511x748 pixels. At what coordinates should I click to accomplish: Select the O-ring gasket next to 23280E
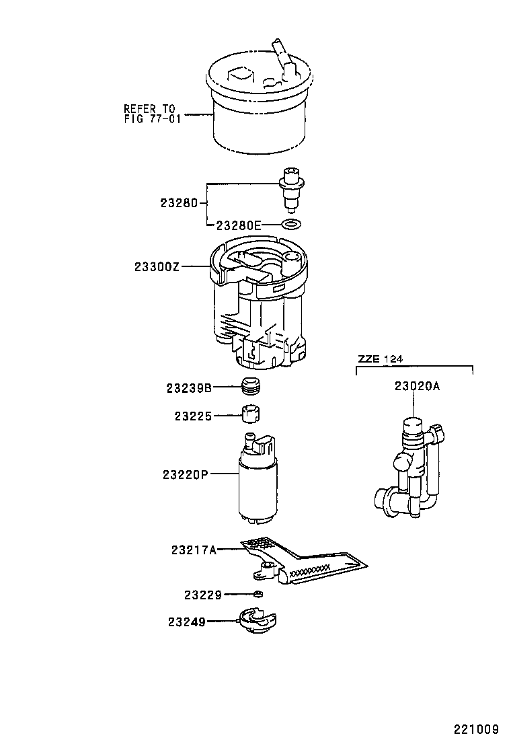(290, 225)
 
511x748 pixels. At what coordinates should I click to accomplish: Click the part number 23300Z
(157, 267)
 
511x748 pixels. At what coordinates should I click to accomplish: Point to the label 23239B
(189, 388)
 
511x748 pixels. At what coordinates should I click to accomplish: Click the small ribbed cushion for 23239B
(250, 387)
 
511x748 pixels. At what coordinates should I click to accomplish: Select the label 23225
(193, 416)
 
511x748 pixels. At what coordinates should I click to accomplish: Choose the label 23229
(202, 595)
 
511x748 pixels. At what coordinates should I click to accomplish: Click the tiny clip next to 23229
(258, 594)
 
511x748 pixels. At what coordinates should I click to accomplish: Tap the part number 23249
(186, 622)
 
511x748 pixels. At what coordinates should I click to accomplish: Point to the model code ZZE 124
(380, 359)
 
